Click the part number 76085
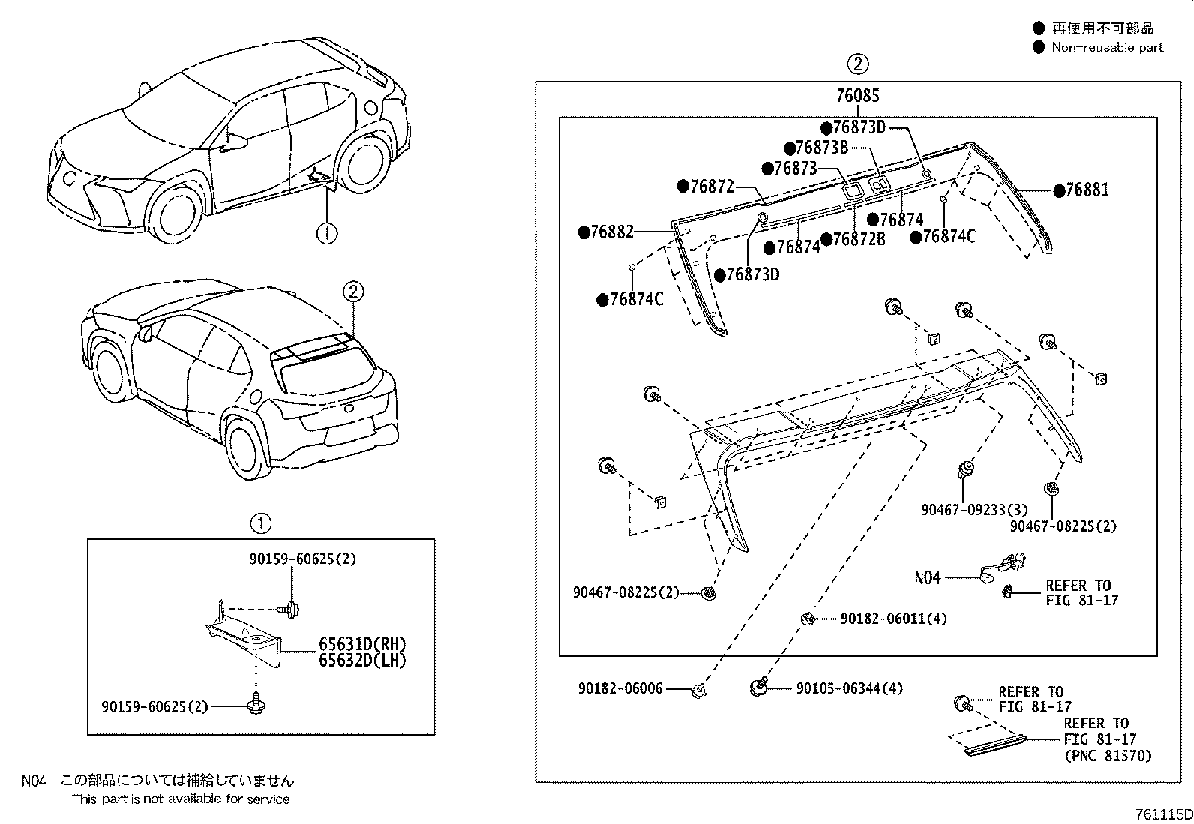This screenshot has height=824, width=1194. [858, 96]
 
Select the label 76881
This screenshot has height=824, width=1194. [1086, 190]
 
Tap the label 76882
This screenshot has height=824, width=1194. [611, 232]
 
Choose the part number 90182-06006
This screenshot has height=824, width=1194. [620, 688]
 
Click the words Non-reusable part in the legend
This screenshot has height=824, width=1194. [1107, 47]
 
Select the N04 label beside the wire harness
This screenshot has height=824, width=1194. [927, 577]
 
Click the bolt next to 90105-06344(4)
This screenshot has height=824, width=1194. [760, 686]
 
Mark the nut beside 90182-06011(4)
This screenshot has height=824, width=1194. [807, 618]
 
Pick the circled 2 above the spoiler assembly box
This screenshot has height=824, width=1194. [858, 64]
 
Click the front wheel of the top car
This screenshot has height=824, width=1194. [177, 214]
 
